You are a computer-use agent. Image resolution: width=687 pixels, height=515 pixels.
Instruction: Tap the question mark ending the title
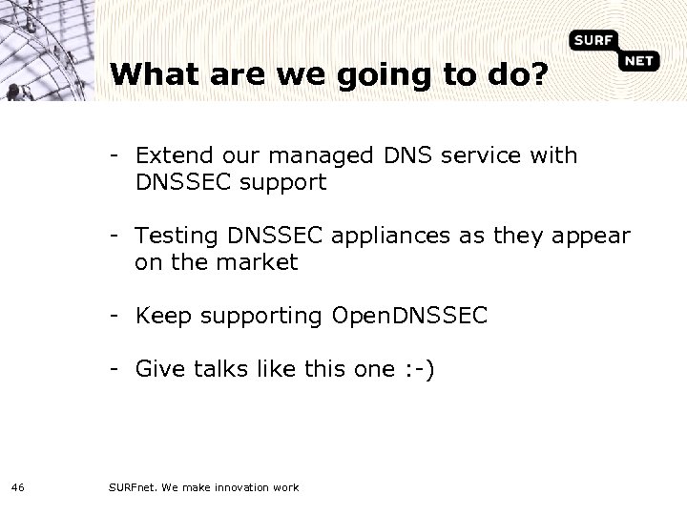pyautogui.click(x=538, y=73)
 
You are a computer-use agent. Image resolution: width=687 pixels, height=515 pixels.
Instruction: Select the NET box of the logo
pyautogui.click(x=643, y=61)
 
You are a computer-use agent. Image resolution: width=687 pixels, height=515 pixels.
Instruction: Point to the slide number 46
pyautogui.click(x=18, y=487)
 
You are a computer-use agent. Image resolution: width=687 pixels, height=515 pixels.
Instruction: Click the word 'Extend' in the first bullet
pyautogui.click(x=172, y=155)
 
